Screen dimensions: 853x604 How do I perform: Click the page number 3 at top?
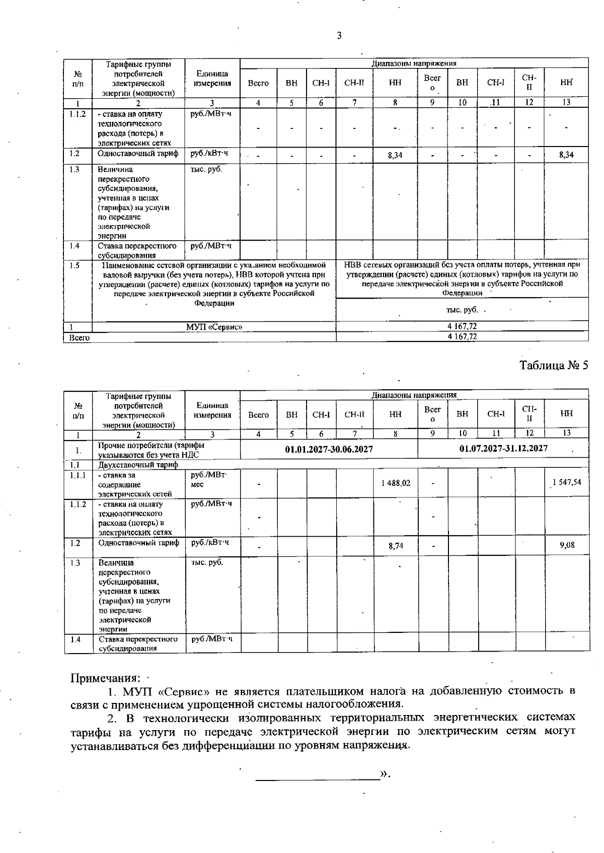click(x=339, y=35)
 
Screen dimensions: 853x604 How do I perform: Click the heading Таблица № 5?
click(x=554, y=365)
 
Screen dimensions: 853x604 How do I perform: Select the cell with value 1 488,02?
click(x=396, y=483)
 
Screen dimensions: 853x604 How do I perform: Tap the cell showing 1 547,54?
click(x=567, y=482)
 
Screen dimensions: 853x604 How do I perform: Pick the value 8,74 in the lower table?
click(x=396, y=545)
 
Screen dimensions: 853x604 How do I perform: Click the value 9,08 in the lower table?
click(x=567, y=545)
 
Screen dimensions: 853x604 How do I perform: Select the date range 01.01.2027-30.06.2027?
click(x=329, y=449)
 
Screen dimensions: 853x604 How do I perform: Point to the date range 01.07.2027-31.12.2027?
click(x=503, y=448)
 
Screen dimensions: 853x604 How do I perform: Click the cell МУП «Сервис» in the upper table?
click(x=214, y=327)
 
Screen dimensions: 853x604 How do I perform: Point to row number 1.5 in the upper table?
click(x=74, y=265)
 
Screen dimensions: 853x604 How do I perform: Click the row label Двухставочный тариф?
click(x=138, y=465)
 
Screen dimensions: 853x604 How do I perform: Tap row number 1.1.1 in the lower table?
click(x=78, y=475)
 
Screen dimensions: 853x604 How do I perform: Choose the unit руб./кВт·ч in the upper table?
click(x=210, y=153)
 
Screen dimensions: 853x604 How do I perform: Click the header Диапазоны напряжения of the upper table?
click(x=414, y=63)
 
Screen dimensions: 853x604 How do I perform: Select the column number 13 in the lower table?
click(x=567, y=433)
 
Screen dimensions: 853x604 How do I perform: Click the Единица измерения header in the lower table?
click(x=213, y=410)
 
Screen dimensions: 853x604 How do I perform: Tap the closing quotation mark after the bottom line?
click(x=386, y=773)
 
